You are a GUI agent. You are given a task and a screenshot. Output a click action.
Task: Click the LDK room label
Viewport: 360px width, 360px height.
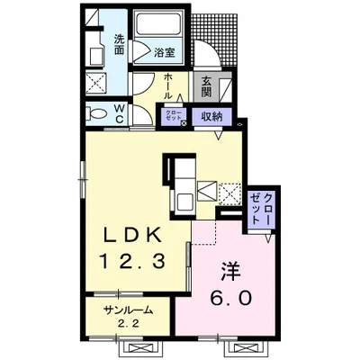pyautogui.click(x=133, y=235)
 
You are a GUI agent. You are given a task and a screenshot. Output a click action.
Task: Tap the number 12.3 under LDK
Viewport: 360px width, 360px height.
pyautogui.click(x=132, y=260)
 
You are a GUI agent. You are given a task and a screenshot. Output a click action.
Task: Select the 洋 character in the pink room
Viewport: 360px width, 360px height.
pyautogui.click(x=230, y=271)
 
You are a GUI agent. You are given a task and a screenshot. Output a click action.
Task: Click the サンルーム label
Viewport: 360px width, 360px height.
pyautogui.click(x=128, y=310)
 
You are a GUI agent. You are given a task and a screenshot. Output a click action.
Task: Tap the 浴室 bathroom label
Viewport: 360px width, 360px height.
pyautogui.click(x=165, y=52)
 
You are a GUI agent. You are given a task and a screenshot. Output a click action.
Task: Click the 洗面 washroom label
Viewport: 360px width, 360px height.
pyautogui.click(x=119, y=45)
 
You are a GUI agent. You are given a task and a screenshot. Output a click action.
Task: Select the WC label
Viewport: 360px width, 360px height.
pyautogui.click(x=119, y=113)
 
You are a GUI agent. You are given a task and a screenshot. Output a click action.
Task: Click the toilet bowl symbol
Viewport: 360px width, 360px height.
pyautogui.click(x=96, y=114)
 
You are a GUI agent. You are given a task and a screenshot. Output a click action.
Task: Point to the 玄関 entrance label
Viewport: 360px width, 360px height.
pyautogui.click(x=206, y=87)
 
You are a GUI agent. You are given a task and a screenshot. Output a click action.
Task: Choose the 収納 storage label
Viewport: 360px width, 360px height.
pyautogui.click(x=211, y=116)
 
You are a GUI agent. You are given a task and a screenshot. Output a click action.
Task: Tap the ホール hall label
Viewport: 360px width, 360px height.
pyautogui.click(x=168, y=86)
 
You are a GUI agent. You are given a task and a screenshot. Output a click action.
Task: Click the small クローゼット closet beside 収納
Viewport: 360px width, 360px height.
pyautogui.click(x=172, y=114)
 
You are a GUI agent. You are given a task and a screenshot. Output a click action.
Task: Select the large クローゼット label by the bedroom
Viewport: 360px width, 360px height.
pyautogui.click(x=260, y=209)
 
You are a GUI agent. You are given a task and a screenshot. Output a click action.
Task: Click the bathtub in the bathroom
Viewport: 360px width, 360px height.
pyautogui.click(x=157, y=24)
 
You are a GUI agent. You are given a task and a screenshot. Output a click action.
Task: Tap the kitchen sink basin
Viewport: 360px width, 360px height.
pyautogui.click(x=184, y=202)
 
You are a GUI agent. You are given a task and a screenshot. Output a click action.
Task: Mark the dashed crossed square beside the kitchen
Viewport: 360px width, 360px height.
pyautogui.click(x=230, y=194)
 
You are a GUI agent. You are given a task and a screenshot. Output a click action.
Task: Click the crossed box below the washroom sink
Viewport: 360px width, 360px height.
pyautogui.click(x=96, y=83)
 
